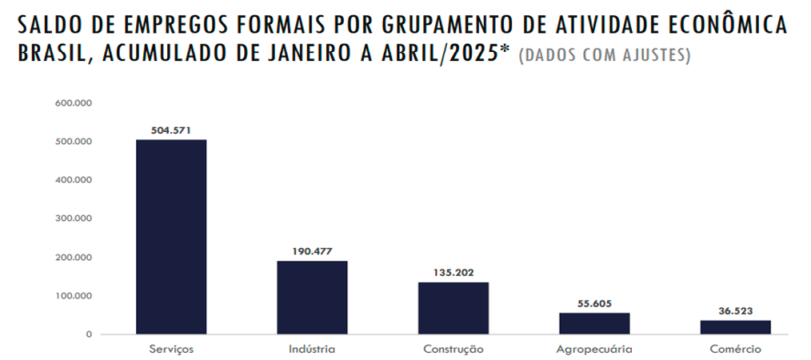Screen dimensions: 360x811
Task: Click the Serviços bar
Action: [171, 237]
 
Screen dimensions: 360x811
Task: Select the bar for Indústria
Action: [312, 297]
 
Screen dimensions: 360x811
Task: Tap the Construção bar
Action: [453, 308]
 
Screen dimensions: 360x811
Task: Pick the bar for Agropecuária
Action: [594, 323]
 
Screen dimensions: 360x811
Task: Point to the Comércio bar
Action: [735, 327]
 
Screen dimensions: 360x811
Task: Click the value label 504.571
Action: [171, 130]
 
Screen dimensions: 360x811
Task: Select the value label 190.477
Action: [312, 251]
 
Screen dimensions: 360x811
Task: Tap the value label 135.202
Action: [453, 272]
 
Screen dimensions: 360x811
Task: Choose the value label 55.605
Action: [594, 303]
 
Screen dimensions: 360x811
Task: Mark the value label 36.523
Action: [735, 310]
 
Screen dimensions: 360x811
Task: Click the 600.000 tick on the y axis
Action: [74, 103]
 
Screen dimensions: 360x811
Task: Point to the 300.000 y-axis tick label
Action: [74, 218]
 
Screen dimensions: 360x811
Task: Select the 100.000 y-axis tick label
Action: [74, 296]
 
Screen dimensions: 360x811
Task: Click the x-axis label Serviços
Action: [171, 350]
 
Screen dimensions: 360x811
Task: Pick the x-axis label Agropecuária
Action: [594, 350]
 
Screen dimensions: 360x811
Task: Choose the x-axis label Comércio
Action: [735, 350]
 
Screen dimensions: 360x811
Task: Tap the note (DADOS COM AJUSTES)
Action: [605, 57]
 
